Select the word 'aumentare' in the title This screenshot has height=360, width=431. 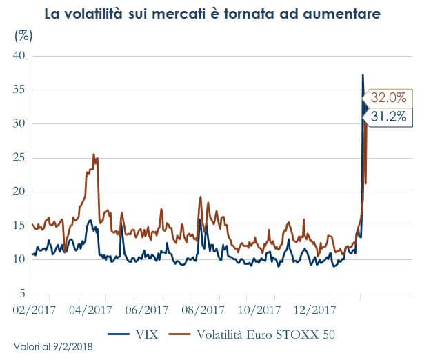click(x=343, y=14)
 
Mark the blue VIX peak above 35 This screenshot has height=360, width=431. click(x=363, y=74)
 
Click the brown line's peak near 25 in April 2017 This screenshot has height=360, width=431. click(x=94, y=154)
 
